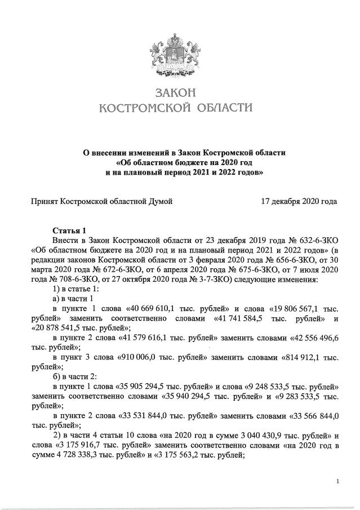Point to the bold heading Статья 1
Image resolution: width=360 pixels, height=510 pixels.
click(70, 230)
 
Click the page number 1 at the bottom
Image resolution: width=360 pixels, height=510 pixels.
click(337, 481)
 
